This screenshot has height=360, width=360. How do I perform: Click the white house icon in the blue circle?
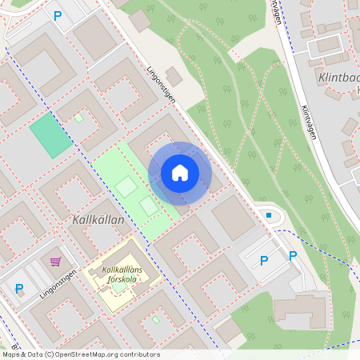coord(180,173)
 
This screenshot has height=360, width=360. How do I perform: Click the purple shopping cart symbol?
coord(55,262)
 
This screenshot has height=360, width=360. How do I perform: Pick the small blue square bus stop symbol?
coord(269,215)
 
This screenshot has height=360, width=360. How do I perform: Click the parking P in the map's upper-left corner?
coord(57,15)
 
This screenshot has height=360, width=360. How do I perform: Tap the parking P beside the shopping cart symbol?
coord(19,289)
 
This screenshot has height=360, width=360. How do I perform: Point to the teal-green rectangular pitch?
coord(50,135)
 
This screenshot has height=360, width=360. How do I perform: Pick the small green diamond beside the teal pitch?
coord(78,118)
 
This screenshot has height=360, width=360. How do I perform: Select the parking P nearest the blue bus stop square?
coord(264,260)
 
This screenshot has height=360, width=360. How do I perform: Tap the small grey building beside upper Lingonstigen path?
coord(174,77)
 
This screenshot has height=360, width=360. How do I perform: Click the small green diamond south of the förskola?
coord(155,320)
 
